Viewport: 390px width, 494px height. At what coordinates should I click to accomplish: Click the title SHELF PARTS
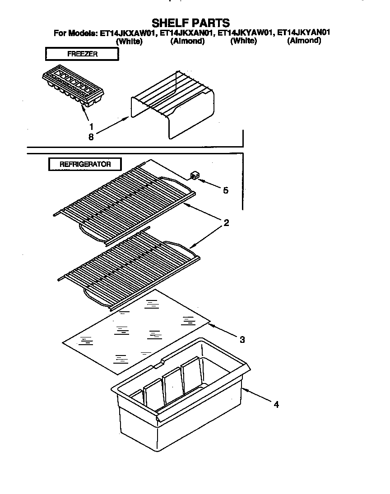click(190, 23)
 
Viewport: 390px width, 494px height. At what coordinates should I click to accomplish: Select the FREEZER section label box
click(82, 54)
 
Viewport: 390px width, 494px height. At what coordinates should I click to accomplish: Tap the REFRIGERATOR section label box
click(85, 164)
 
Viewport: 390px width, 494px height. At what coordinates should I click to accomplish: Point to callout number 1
click(92, 127)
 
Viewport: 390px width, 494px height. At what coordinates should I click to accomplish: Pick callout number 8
click(91, 137)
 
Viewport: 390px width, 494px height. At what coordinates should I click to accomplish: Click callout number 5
click(225, 190)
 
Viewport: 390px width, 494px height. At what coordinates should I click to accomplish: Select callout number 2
click(226, 222)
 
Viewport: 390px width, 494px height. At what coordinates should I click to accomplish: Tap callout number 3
click(242, 339)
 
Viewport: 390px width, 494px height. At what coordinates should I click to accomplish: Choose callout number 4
click(276, 405)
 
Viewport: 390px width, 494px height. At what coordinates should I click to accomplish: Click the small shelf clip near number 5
click(194, 175)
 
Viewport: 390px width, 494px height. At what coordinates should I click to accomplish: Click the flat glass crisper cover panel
click(135, 332)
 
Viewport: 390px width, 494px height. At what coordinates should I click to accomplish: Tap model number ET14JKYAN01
click(304, 33)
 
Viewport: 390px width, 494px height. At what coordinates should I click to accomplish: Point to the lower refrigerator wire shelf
click(129, 268)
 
